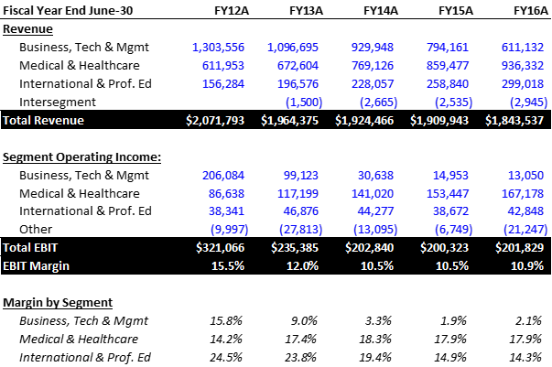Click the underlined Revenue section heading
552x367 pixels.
click(x=29, y=27)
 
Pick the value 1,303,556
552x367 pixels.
click(x=220, y=46)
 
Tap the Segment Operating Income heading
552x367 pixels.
click(x=81, y=157)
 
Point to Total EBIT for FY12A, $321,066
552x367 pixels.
click(x=222, y=247)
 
